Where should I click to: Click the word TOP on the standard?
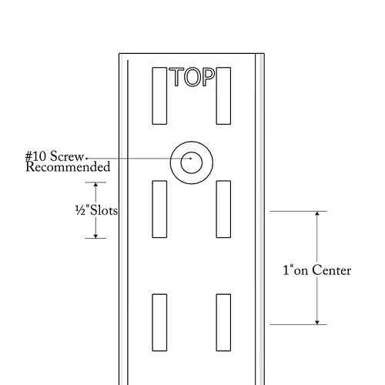click(x=192, y=77)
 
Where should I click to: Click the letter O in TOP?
click(x=192, y=77)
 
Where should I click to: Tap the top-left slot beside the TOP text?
click(x=159, y=96)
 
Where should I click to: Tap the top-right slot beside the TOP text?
click(x=223, y=96)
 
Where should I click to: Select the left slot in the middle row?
click(x=159, y=209)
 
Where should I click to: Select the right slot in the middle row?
click(x=223, y=209)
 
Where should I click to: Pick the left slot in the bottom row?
click(x=159, y=323)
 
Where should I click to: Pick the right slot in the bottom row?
click(x=223, y=323)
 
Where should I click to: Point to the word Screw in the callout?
click(x=67, y=156)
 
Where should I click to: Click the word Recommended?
click(x=68, y=167)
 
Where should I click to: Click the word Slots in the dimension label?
click(x=104, y=210)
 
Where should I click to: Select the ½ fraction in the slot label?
click(x=80, y=210)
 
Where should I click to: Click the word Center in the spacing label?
click(x=332, y=270)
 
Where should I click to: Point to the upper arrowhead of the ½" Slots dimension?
click(x=95, y=185)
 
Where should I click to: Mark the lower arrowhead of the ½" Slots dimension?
click(x=95, y=236)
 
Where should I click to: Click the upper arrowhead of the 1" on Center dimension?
click(x=317, y=213)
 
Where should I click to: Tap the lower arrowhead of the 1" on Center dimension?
click(x=317, y=323)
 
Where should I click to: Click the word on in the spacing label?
click(x=301, y=272)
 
